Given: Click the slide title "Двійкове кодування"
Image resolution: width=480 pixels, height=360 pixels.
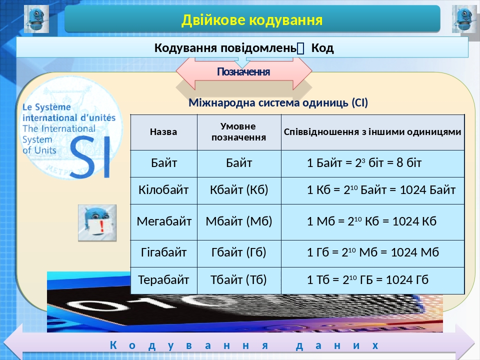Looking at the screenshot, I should click(251, 20).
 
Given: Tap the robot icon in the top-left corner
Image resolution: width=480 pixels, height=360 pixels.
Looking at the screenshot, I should click(36, 19).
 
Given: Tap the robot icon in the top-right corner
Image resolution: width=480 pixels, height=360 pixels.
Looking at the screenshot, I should click(464, 19).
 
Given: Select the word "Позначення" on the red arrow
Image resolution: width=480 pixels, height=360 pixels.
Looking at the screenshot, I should click(243, 72).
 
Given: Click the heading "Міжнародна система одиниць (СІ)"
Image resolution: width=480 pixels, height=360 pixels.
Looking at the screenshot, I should click(278, 103).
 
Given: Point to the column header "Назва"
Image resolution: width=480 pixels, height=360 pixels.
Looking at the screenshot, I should click(163, 132).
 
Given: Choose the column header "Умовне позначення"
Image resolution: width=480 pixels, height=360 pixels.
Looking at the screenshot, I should click(238, 131).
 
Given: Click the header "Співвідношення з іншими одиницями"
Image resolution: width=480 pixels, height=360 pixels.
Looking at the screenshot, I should click(372, 132).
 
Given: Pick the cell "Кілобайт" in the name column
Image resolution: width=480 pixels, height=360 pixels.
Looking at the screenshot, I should click(163, 190).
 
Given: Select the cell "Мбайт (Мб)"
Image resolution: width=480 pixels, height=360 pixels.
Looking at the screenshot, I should click(239, 221).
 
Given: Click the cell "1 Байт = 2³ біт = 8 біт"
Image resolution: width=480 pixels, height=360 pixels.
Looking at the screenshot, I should click(364, 163).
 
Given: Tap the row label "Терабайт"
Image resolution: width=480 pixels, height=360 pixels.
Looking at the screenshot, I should click(163, 279).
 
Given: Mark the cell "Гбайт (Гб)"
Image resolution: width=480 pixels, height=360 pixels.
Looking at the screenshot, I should click(239, 252).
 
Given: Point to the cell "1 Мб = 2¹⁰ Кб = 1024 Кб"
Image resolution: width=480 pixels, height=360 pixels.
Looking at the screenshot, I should click(371, 221).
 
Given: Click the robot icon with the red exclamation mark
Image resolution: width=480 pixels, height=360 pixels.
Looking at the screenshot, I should click(97, 223).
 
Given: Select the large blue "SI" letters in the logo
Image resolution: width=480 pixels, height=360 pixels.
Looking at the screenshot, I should click(89, 157).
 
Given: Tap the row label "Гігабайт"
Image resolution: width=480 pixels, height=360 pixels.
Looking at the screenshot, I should click(163, 252).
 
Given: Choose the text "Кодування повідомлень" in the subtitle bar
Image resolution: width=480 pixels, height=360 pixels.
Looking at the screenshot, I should click(225, 48).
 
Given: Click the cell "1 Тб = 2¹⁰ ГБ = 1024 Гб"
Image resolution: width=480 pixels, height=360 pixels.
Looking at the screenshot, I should click(367, 279).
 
